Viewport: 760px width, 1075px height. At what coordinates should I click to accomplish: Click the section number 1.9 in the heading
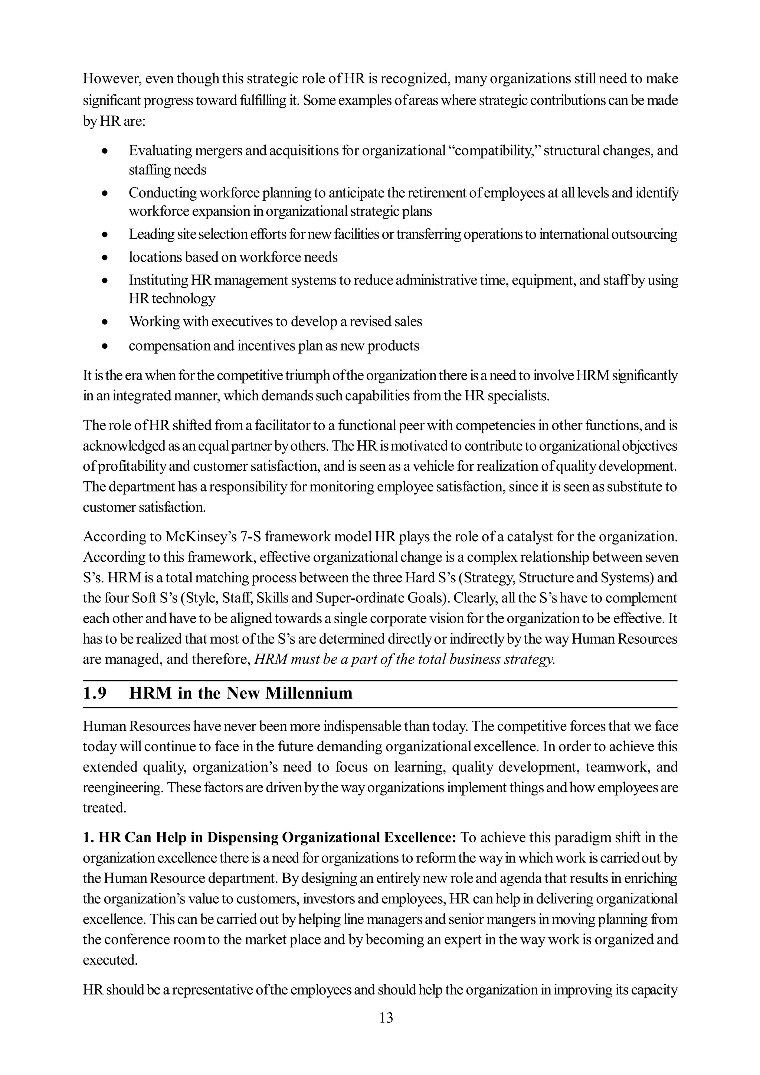pos(95,693)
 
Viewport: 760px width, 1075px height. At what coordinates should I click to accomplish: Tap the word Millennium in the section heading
pos(309,693)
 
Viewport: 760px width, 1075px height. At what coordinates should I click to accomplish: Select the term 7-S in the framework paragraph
pos(252,536)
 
